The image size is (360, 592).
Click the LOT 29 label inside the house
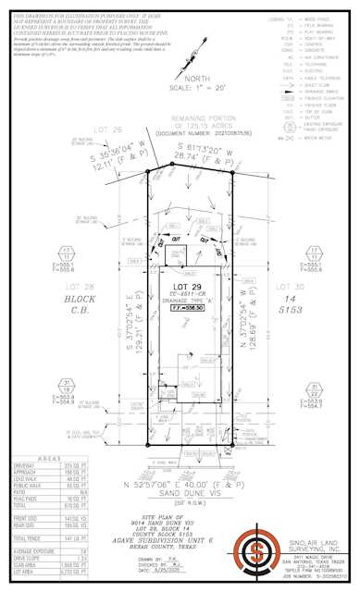(x=186, y=275)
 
